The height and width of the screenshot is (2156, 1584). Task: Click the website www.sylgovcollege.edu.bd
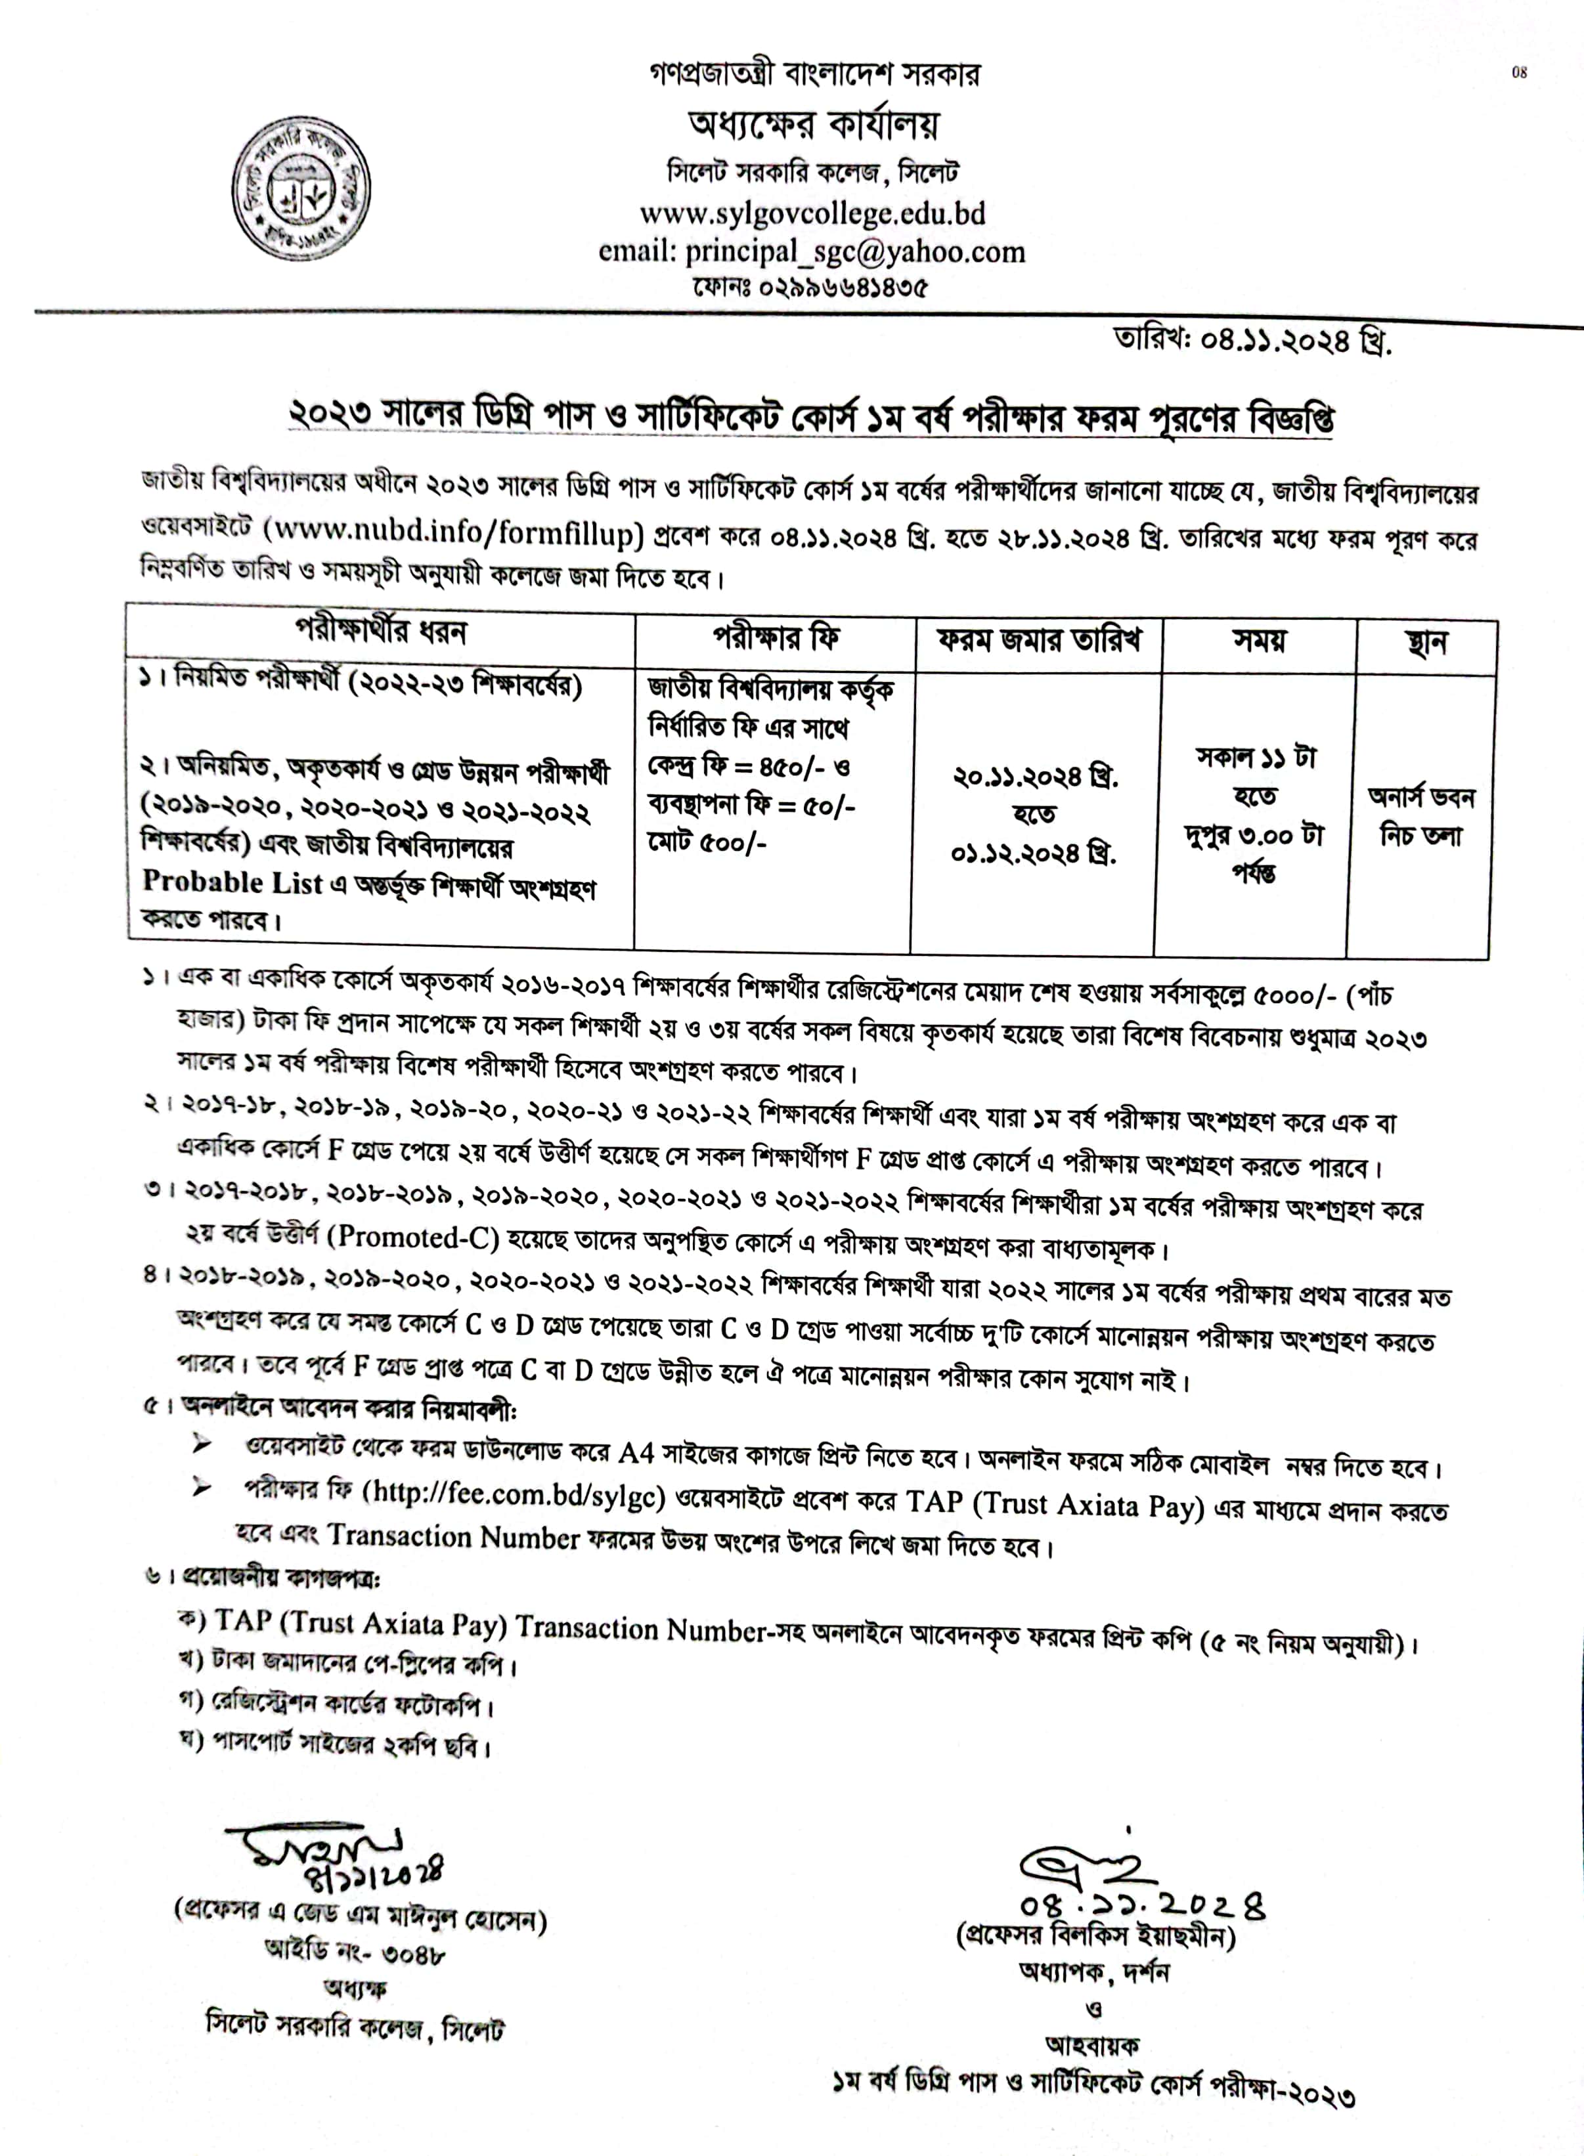pyautogui.click(x=812, y=212)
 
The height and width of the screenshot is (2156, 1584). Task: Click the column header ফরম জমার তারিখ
pyautogui.click(x=1038, y=639)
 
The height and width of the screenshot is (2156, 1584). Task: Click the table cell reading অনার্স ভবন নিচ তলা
pyautogui.click(x=1421, y=816)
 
